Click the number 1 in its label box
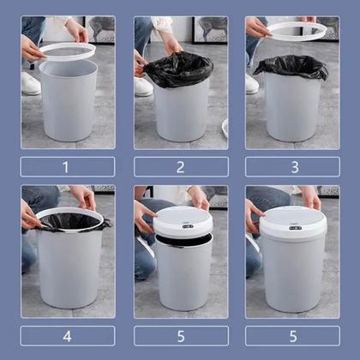(x=68, y=166)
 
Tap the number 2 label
(x=181, y=166)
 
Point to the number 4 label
(x=68, y=335)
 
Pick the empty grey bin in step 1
(x=68, y=103)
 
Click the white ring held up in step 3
(x=297, y=31)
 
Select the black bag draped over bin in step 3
(x=291, y=67)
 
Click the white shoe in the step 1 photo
(x=31, y=83)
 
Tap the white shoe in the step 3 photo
(x=252, y=83)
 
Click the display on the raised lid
(x=189, y=226)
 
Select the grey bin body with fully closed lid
(x=293, y=279)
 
